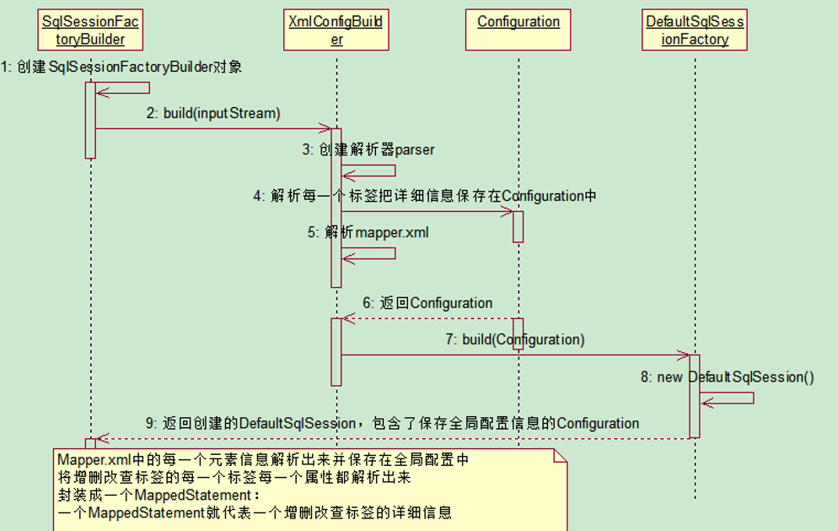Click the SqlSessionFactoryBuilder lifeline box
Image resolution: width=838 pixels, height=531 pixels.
coord(89,30)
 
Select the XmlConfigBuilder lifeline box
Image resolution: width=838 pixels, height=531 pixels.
coord(336,30)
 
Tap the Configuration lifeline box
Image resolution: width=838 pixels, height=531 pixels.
coord(518,22)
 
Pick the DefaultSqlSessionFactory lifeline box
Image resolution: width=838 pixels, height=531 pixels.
coord(695,30)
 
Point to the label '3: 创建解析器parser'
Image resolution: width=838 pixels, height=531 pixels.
coord(368,150)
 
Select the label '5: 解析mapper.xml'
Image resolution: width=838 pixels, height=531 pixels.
coord(368,232)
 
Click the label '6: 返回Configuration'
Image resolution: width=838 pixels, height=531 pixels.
coord(427,303)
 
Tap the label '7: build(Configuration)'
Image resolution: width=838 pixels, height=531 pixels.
coord(514,340)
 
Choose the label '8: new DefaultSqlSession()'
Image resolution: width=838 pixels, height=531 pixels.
coord(727,377)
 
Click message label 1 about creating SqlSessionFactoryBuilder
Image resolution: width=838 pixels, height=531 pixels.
coord(121,66)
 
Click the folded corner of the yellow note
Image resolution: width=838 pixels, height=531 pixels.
coord(559,457)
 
